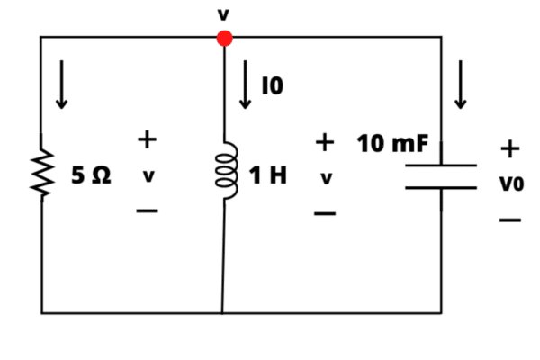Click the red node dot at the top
pyautogui.click(x=224, y=38)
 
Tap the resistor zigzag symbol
pyautogui.click(x=42, y=174)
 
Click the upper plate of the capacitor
pyautogui.click(x=441, y=166)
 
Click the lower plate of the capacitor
pyautogui.click(x=441, y=188)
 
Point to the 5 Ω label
pyautogui.click(x=91, y=175)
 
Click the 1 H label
pyautogui.click(x=267, y=175)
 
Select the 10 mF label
pyautogui.click(x=392, y=143)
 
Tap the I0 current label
pyautogui.click(x=273, y=85)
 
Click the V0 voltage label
pyautogui.click(x=512, y=184)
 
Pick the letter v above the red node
pyautogui.click(x=223, y=14)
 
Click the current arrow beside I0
pyautogui.click(x=245, y=85)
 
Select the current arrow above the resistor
pyautogui.click(x=61, y=85)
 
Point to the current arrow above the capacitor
pyautogui.click(x=461, y=85)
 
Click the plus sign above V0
pyautogui.click(x=510, y=149)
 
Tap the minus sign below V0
pyautogui.click(x=510, y=220)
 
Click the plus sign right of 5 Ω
pyautogui.click(x=147, y=139)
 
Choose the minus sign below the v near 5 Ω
pyautogui.click(x=147, y=211)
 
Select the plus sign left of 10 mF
pyautogui.click(x=325, y=142)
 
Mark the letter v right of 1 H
pyautogui.click(x=327, y=178)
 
